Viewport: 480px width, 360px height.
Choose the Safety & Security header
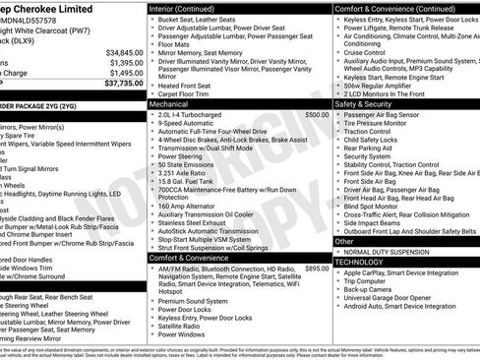pyautogui.click(x=363, y=102)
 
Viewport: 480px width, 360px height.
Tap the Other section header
pyautogui.click(x=344, y=241)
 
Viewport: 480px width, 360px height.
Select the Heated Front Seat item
pyautogui.click(x=190, y=85)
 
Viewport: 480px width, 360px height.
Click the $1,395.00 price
pyautogui.click(x=125, y=62)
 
